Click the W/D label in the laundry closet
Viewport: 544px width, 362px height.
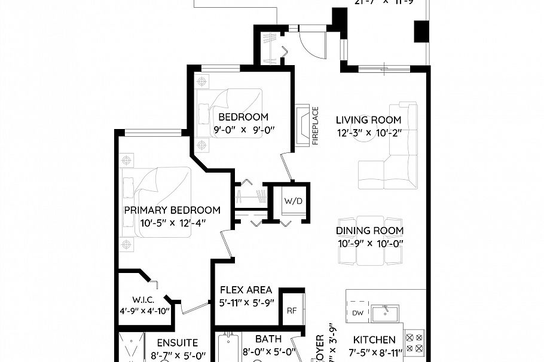[x=294, y=201]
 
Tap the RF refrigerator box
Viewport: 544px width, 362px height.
[x=292, y=311]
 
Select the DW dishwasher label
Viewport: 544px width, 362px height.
[x=357, y=313]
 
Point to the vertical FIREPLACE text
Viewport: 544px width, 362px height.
[x=315, y=125]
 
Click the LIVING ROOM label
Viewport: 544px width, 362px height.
[x=368, y=120]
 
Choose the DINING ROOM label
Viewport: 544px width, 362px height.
[x=369, y=231]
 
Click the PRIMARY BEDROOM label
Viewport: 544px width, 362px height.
[x=172, y=210]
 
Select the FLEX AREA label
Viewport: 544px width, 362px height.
[x=246, y=290]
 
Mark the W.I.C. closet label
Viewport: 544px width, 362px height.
[x=143, y=300]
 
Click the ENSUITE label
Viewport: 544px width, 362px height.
[x=178, y=343]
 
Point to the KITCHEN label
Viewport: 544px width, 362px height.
[x=374, y=339]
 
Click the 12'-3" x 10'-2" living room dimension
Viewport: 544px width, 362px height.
[x=368, y=133]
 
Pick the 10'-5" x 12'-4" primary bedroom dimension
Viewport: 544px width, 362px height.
[x=172, y=223]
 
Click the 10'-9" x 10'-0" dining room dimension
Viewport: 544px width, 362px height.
[x=369, y=243]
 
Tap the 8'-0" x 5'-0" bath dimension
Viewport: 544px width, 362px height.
[x=269, y=352]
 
